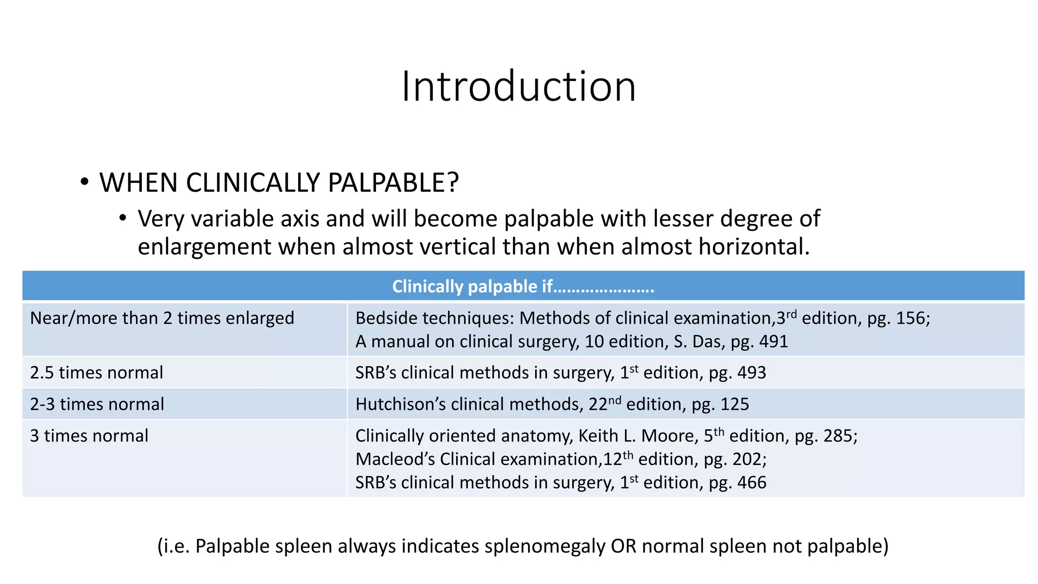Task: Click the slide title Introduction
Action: click(518, 86)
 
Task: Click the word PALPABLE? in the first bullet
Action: click(393, 182)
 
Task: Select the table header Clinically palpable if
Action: click(523, 286)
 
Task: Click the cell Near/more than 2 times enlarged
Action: click(162, 318)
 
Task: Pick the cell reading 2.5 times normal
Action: click(96, 373)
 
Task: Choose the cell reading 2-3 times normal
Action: click(97, 404)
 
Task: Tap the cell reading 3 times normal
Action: click(89, 436)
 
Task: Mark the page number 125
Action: click(734, 404)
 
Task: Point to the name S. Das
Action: click(699, 342)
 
